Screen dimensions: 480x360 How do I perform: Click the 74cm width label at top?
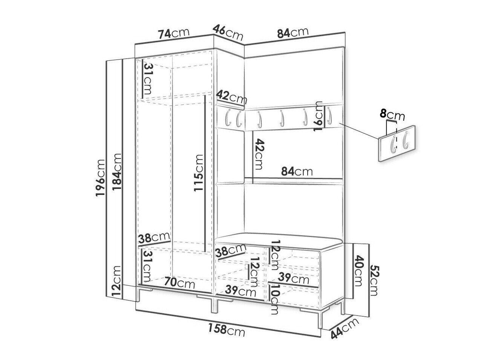click(x=174, y=34)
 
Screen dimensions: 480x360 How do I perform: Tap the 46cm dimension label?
click(x=228, y=32)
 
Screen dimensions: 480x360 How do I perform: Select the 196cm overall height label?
click(x=100, y=178)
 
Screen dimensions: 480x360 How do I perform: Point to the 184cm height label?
click(x=117, y=172)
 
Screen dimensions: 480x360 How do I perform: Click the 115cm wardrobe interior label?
click(x=199, y=173)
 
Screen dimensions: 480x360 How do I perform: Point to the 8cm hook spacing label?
click(x=392, y=115)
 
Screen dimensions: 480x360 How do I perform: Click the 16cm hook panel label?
click(x=318, y=116)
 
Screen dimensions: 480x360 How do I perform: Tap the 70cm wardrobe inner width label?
click(x=179, y=282)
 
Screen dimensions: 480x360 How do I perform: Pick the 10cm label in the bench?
click(x=274, y=303)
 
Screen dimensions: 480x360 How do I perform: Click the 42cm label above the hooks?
click(x=232, y=97)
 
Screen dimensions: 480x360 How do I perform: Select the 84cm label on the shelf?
click(x=297, y=172)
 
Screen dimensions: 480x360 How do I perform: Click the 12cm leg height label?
click(x=117, y=281)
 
